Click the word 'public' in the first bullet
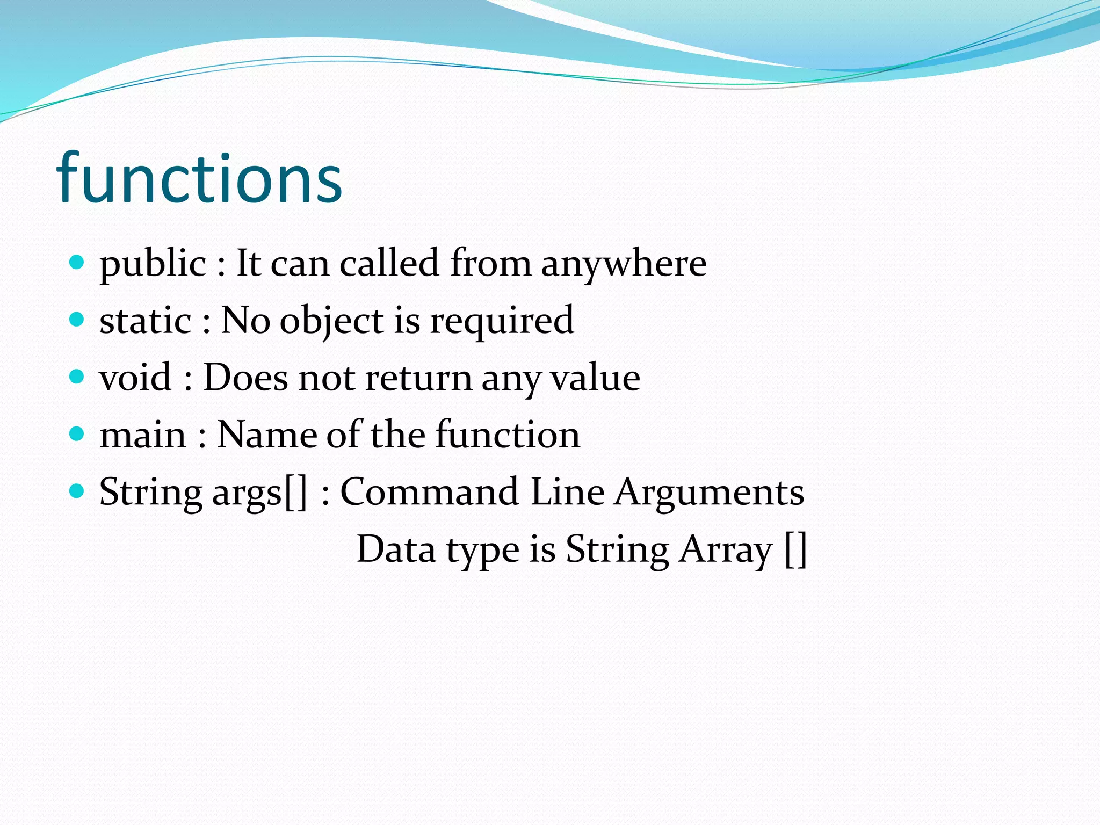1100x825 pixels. (x=153, y=264)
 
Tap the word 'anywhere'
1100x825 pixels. (x=624, y=264)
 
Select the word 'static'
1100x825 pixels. (x=145, y=321)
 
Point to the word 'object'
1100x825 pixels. (x=332, y=322)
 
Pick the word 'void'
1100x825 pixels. (x=135, y=378)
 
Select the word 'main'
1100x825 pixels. (x=143, y=435)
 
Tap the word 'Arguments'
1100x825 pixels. (x=710, y=492)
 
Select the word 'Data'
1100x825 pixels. (x=396, y=549)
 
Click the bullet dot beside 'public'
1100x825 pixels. (x=77, y=262)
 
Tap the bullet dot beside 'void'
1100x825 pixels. (x=77, y=377)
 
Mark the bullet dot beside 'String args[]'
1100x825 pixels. (x=77, y=490)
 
